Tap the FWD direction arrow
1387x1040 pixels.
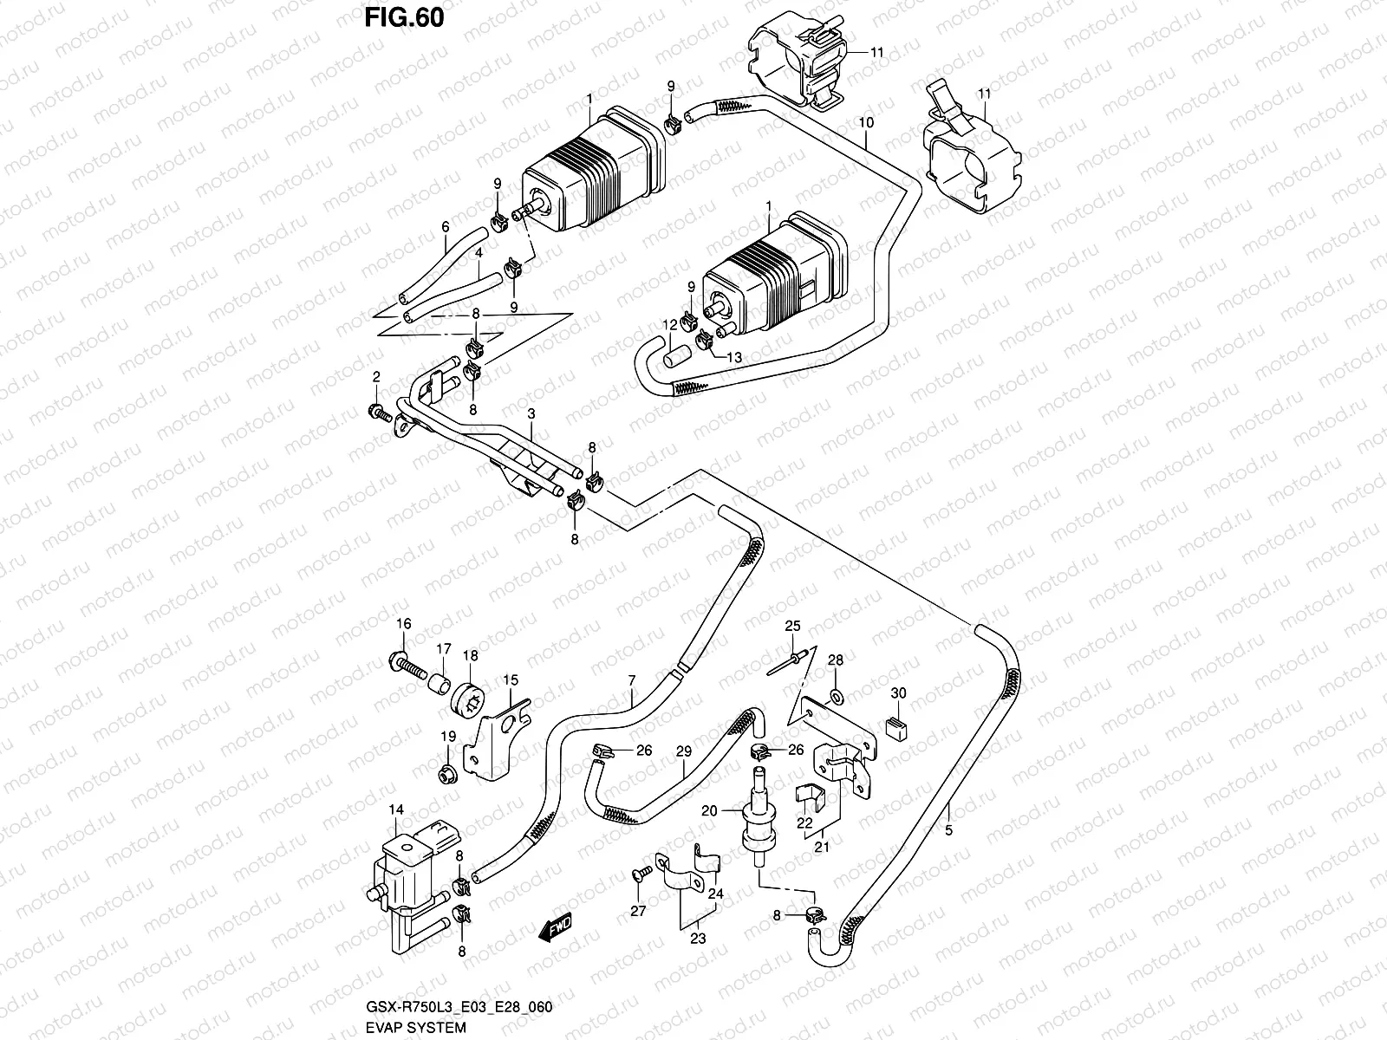point(556,927)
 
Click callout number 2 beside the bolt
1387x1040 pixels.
point(376,377)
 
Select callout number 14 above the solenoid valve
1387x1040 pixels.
point(396,810)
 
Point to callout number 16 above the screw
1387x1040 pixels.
point(403,624)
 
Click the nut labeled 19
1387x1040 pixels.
point(447,769)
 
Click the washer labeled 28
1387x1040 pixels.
point(835,696)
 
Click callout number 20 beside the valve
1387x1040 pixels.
point(709,810)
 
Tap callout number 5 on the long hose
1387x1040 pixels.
point(949,830)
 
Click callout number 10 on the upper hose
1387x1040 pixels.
point(865,123)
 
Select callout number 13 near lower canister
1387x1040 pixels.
point(733,357)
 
